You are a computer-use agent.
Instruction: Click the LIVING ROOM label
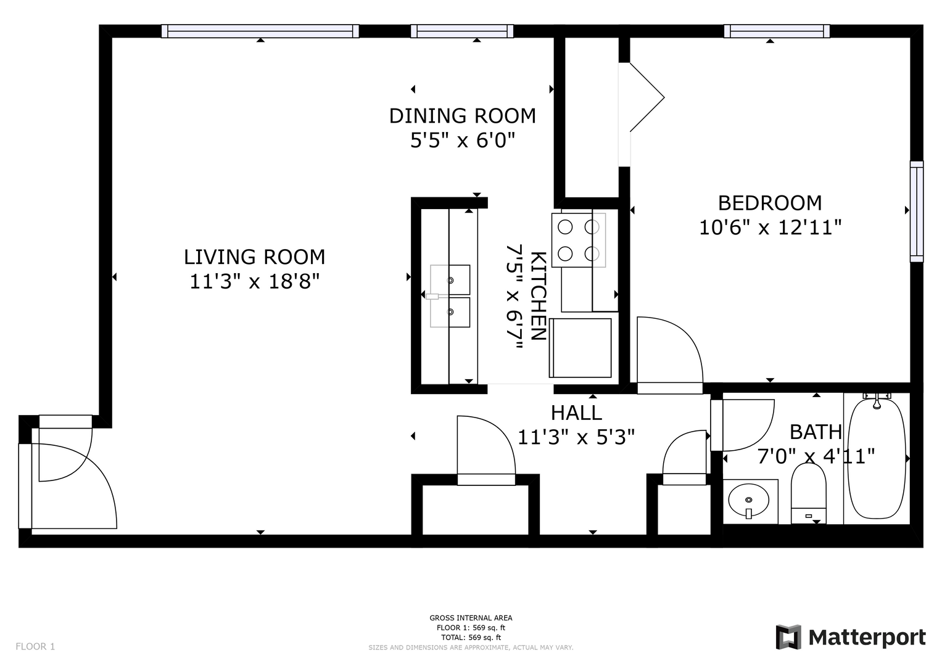click(254, 257)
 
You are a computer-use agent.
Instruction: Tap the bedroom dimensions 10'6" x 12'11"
click(770, 228)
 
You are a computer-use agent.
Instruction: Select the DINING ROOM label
click(463, 116)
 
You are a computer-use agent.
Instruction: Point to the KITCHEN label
click(539, 295)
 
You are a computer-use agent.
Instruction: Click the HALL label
click(576, 413)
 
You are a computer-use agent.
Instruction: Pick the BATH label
click(816, 432)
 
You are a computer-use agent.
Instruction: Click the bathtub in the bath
click(877, 459)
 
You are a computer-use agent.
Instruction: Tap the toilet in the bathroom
click(808, 493)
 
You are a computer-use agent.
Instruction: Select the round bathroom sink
click(748, 500)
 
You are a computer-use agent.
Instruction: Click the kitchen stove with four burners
click(579, 240)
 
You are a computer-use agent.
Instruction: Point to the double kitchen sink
click(450, 296)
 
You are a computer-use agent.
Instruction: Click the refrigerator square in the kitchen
click(580, 348)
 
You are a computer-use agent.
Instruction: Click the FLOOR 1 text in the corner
click(35, 647)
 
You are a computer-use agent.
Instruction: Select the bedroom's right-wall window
click(917, 212)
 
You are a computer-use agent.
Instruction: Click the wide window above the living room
click(260, 31)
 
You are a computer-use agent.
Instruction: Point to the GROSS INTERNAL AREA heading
click(471, 618)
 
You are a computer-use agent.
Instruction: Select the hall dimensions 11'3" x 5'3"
click(576, 437)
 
